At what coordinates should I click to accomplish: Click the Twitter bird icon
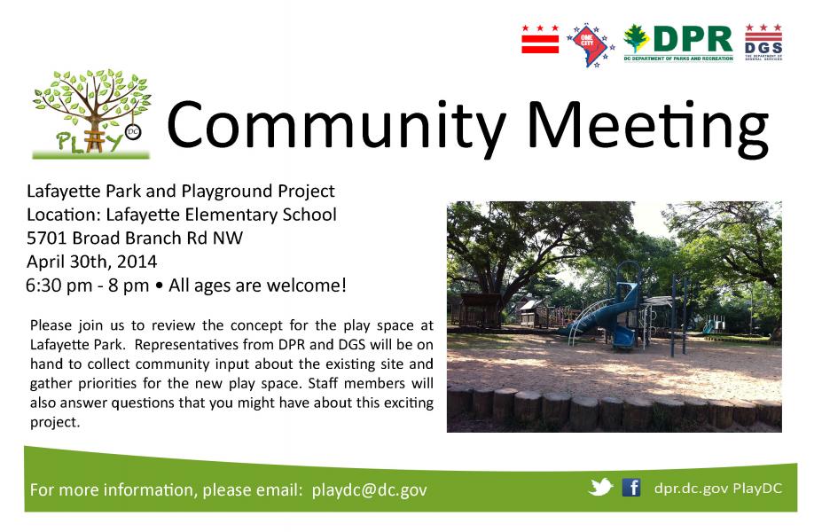click(x=600, y=487)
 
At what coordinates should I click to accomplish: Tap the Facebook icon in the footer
click(x=631, y=488)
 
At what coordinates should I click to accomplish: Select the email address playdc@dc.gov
click(x=369, y=490)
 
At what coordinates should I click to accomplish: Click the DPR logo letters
click(x=693, y=39)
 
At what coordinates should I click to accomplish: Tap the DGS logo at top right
click(x=763, y=42)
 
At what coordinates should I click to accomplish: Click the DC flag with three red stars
click(x=540, y=39)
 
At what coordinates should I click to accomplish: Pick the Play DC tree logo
click(x=91, y=113)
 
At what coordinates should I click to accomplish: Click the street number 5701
click(x=47, y=238)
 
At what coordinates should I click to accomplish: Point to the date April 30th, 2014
click(x=91, y=262)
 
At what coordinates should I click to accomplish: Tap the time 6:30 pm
click(x=59, y=286)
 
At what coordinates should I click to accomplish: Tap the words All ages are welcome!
click(x=257, y=286)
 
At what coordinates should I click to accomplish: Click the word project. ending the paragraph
click(x=55, y=422)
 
